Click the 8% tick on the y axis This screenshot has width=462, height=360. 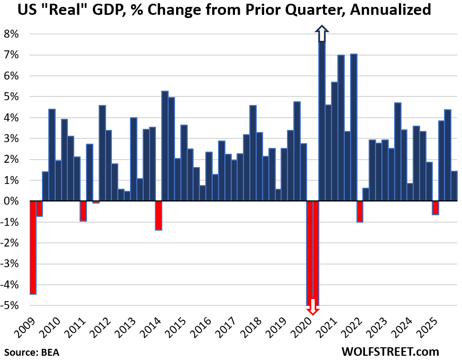(x=12, y=34)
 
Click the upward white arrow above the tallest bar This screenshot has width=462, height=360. (x=321, y=33)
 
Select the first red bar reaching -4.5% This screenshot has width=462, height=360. (x=33, y=247)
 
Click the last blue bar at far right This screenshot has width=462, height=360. (x=454, y=186)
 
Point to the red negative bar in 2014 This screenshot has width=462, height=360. (x=158, y=215)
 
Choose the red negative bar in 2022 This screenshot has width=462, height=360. (x=360, y=212)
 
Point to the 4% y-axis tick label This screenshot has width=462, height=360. (x=12, y=118)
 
